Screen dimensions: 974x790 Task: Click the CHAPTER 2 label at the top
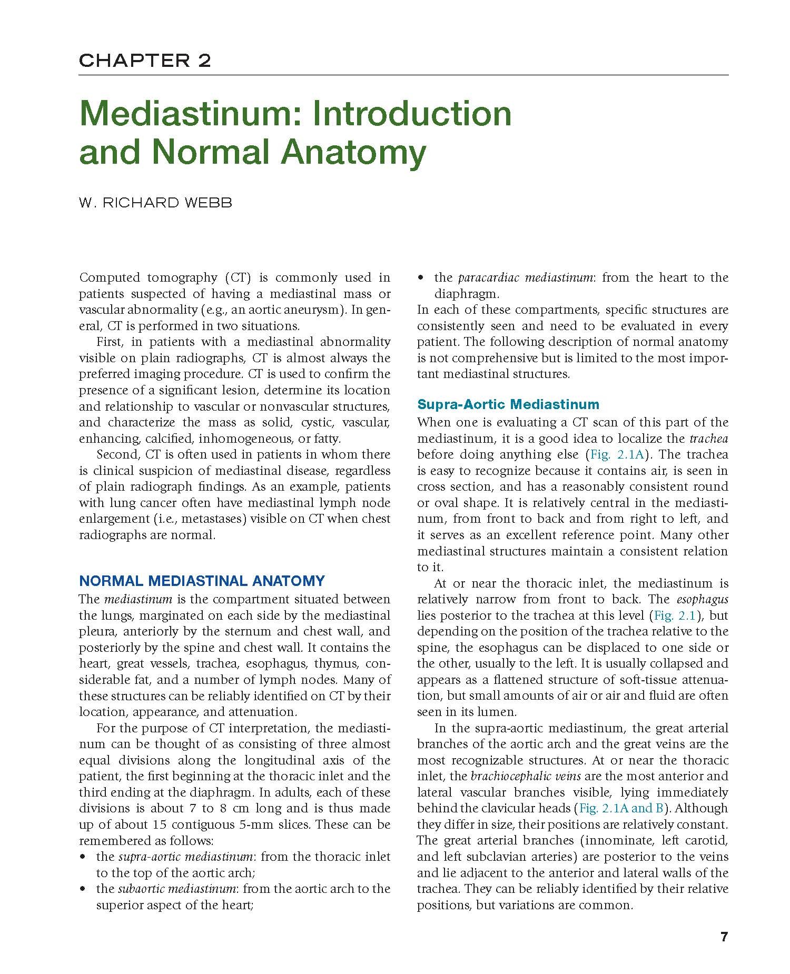pyautogui.click(x=145, y=61)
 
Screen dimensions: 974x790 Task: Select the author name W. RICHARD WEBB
pyautogui.click(x=155, y=203)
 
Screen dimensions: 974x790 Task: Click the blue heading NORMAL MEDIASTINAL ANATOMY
pyautogui.click(x=202, y=581)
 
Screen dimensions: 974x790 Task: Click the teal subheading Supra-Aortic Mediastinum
pyautogui.click(x=508, y=404)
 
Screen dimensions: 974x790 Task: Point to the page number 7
pyautogui.click(x=724, y=937)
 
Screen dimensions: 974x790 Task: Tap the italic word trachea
pyautogui.click(x=708, y=439)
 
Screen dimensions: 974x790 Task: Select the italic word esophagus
pyautogui.click(x=702, y=599)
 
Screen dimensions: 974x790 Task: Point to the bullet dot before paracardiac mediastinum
pyautogui.click(x=421, y=278)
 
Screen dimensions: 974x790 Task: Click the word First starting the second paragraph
pyautogui.click(x=110, y=342)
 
